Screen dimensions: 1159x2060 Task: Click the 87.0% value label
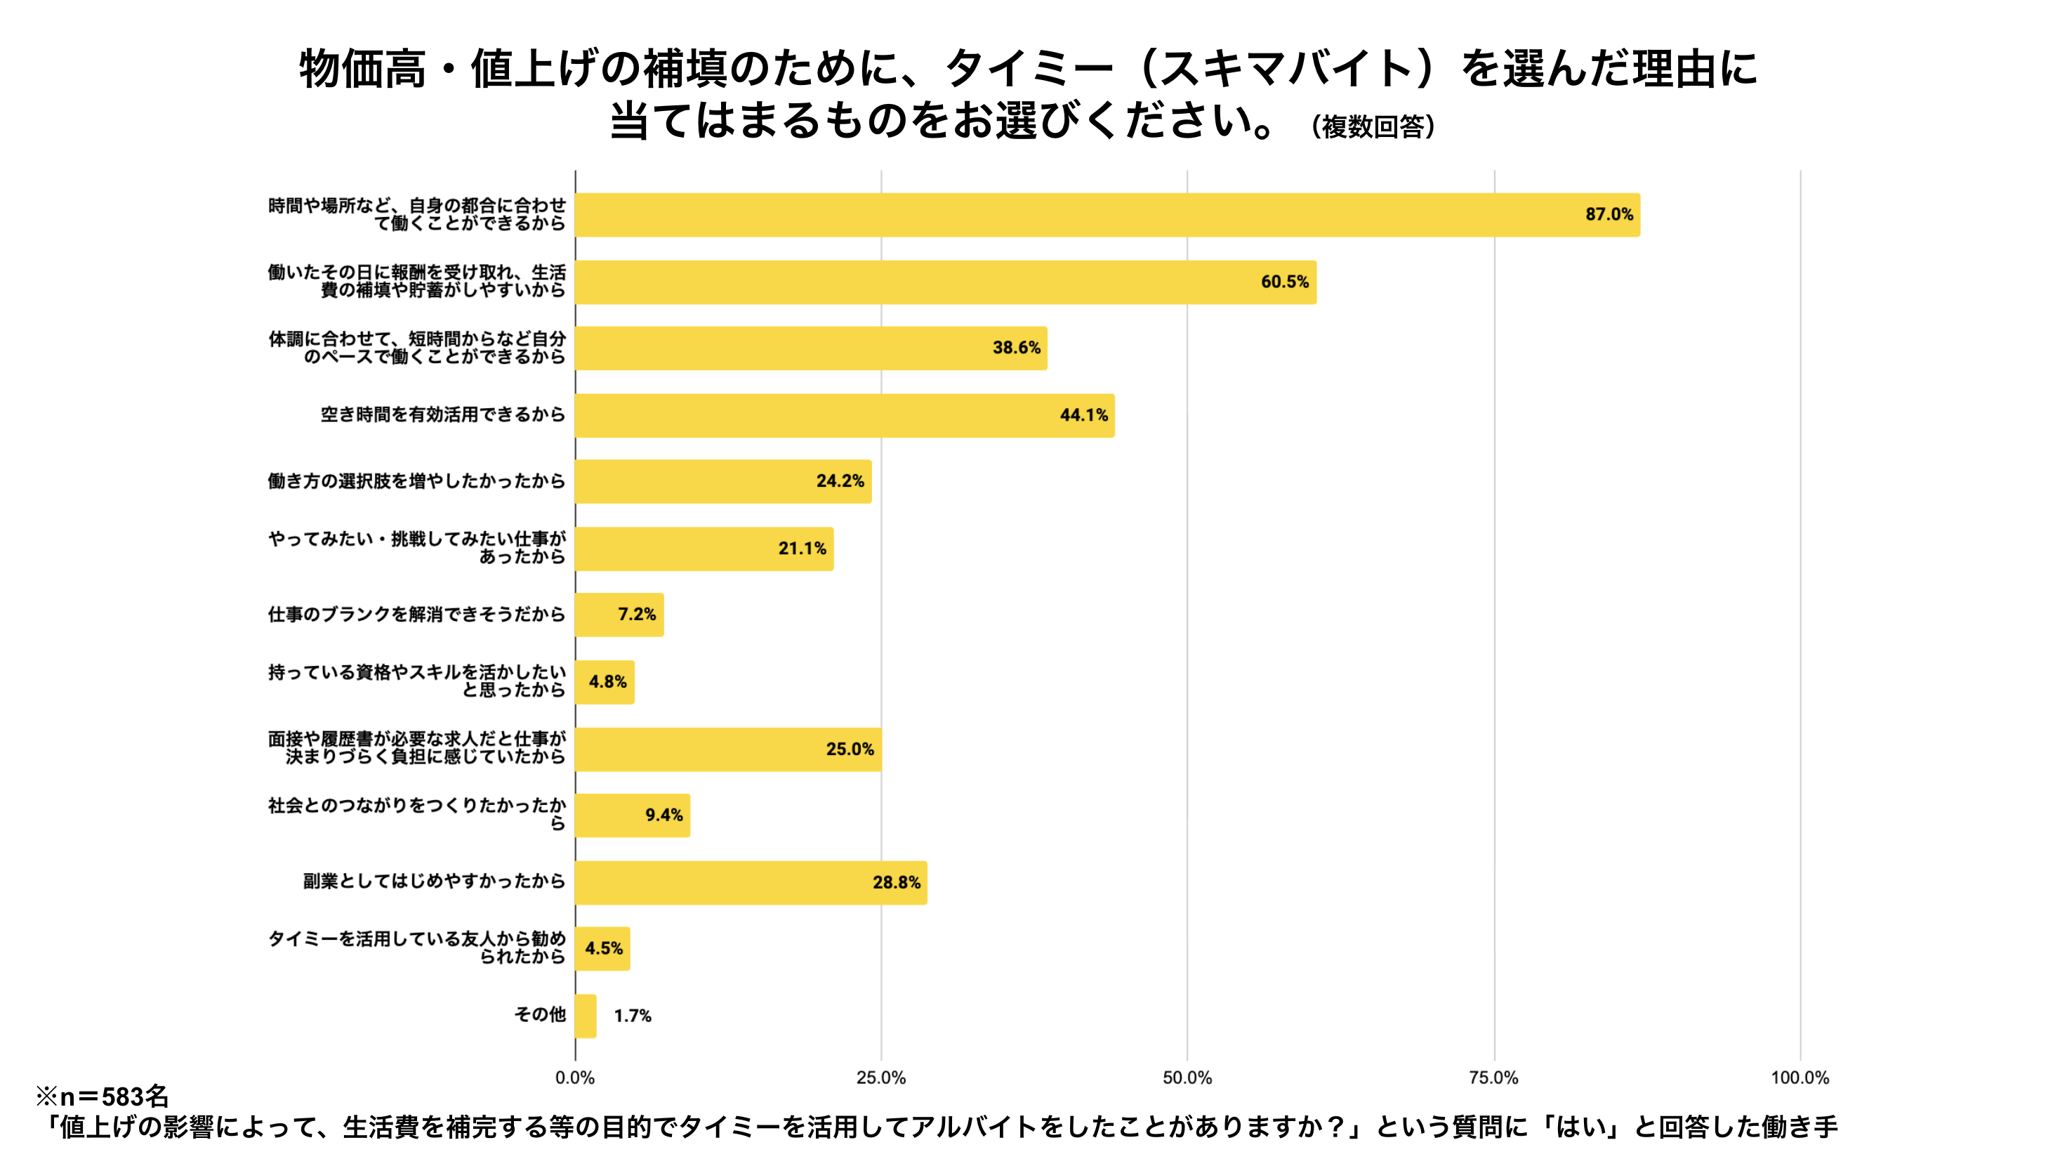click(1609, 214)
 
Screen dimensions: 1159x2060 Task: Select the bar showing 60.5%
click(945, 282)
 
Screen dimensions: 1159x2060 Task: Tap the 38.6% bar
click(811, 348)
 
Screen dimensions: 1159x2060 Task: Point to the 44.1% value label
click(1083, 415)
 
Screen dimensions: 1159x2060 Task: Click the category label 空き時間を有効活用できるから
click(442, 414)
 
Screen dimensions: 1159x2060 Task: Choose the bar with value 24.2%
click(723, 482)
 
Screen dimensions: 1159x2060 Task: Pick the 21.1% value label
click(802, 549)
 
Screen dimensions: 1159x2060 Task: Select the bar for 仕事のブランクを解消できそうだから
click(619, 615)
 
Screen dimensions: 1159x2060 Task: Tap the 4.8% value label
click(608, 682)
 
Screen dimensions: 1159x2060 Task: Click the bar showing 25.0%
click(727, 749)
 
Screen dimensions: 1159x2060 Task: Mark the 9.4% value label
click(663, 815)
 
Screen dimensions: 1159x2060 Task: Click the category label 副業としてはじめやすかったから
click(433, 881)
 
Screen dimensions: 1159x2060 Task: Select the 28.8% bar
click(750, 882)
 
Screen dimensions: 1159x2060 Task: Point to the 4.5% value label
click(604, 949)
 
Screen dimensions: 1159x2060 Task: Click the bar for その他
click(586, 1016)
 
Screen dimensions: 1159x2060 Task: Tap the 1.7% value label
click(633, 1016)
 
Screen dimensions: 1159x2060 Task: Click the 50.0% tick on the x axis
click(1187, 1078)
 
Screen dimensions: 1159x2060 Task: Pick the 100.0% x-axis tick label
click(1800, 1078)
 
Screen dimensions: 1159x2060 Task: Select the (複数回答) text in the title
click(1372, 126)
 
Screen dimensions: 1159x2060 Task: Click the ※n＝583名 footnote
click(103, 1096)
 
